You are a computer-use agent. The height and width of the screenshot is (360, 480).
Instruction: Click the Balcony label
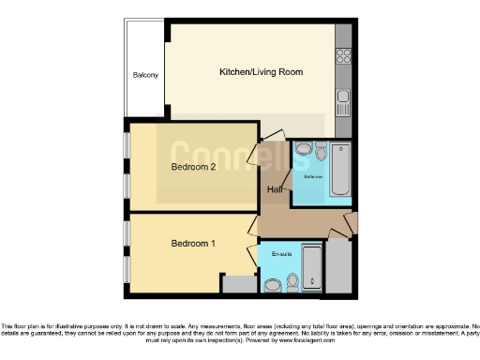(145, 75)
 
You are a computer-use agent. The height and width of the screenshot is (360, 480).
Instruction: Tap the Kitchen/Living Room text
(261, 72)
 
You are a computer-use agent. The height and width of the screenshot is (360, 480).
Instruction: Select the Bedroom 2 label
(193, 168)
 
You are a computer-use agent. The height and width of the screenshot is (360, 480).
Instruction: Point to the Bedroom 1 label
(193, 244)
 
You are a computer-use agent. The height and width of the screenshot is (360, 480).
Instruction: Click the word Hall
(276, 190)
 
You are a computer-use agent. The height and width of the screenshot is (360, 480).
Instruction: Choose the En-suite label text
(281, 254)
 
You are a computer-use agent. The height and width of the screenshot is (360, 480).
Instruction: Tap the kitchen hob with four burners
(343, 59)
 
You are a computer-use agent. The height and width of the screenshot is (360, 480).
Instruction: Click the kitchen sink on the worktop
(343, 97)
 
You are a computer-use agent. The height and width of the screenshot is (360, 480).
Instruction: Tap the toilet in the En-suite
(292, 280)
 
